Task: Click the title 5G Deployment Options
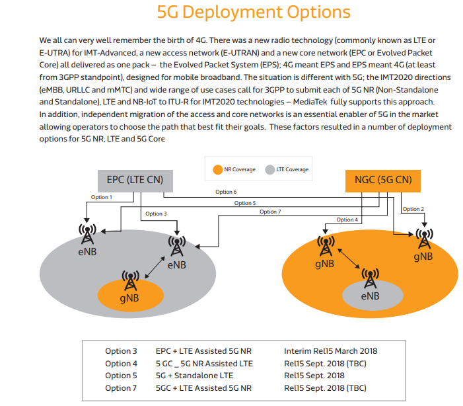pyautogui.click(x=254, y=13)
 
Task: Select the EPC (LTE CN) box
pyautogui.click(x=135, y=179)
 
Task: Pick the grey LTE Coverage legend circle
pyautogui.click(x=269, y=169)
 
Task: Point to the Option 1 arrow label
pyautogui.click(x=101, y=197)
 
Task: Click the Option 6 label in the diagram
pyautogui.click(x=225, y=192)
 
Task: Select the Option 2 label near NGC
pyautogui.click(x=413, y=209)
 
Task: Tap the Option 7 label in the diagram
pyautogui.click(x=270, y=212)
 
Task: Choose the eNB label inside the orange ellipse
pyautogui.click(x=370, y=296)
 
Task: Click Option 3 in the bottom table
pyautogui.click(x=122, y=350)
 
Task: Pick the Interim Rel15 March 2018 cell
pyautogui.click(x=330, y=350)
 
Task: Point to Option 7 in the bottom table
pyautogui.click(x=122, y=387)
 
